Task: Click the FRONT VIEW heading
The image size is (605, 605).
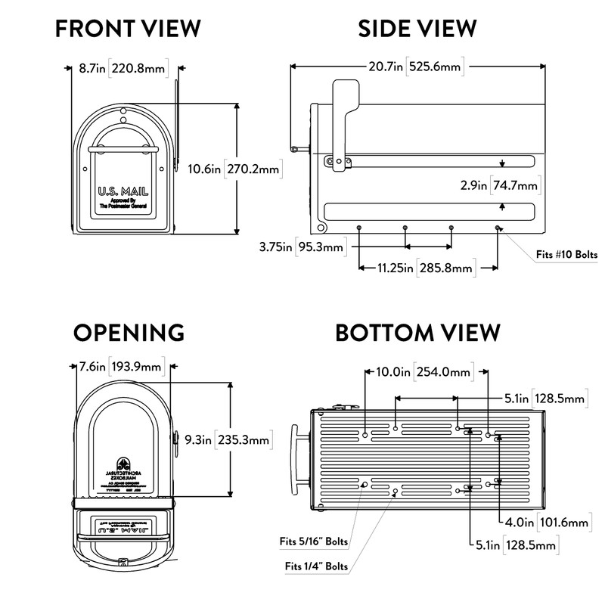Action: [x=128, y=29]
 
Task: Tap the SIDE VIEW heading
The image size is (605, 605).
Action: [x=417, y=29]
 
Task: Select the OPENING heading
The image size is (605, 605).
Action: [x=129, y=333]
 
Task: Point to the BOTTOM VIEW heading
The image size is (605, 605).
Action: [x=417, y=333]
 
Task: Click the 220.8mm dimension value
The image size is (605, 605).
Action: [x=137, y=68]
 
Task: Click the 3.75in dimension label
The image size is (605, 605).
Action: [x=274, y=247]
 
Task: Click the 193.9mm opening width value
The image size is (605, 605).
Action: [x=136, y=368]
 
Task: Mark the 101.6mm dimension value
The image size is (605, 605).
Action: [x=563, y=522]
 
